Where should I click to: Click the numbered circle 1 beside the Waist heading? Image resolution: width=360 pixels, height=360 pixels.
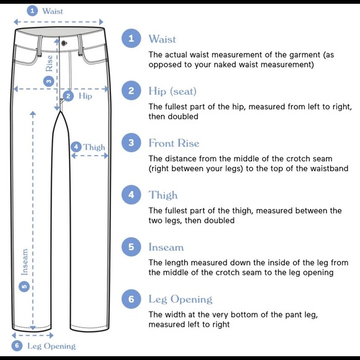[131, 39]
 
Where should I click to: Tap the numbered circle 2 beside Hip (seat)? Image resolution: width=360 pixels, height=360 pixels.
[131, 91]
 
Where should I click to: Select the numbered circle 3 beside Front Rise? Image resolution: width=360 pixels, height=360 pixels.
[131, 143]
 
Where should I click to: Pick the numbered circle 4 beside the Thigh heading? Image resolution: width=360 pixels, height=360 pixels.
[131, 195]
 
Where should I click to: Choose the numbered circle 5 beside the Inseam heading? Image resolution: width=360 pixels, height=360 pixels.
[131, 247]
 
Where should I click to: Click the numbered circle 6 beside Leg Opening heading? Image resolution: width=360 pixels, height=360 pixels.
[131, 299]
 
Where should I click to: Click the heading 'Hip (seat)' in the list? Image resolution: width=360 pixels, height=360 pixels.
[172, 92]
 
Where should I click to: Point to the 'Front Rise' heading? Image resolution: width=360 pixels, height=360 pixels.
[174, 143]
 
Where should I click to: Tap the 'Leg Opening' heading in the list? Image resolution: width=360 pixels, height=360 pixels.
[180, 300]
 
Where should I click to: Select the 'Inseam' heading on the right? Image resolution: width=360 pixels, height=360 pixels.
[166, 247]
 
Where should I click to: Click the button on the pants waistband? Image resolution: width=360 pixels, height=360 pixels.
[63, 43]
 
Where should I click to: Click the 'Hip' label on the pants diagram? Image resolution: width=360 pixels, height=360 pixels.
[85, 96]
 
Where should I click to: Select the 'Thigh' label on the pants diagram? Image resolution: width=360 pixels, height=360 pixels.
[94, 147]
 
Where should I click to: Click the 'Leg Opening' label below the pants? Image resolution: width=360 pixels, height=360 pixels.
[51, 346]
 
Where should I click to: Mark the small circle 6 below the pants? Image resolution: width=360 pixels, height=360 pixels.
[17, 346]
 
